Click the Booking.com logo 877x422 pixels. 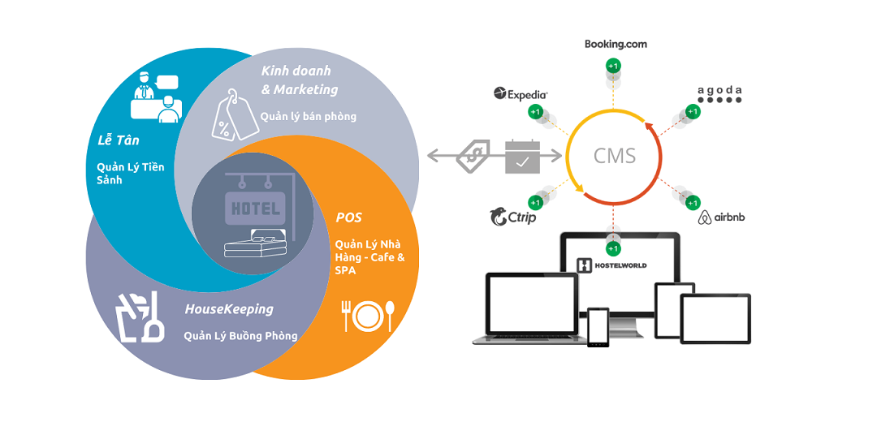tap(616, 44)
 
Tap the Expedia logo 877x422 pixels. tap(521, 94)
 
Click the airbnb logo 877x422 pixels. tap(721, 217)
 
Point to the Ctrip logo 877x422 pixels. tap(512, 217)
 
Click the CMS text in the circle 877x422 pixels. tap(615, 155)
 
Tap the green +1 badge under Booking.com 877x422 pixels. tap(615, 65)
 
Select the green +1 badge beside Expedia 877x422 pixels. tap(535, 111)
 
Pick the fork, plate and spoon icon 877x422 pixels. tap(369, 316)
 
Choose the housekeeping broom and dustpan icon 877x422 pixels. tap(142, 318)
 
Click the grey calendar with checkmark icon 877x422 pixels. tap(522, 155)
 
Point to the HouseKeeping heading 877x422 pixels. tap(229, 309)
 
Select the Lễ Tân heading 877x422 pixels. tap(113, 140)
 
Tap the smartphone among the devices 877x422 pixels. tap(598, 327)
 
